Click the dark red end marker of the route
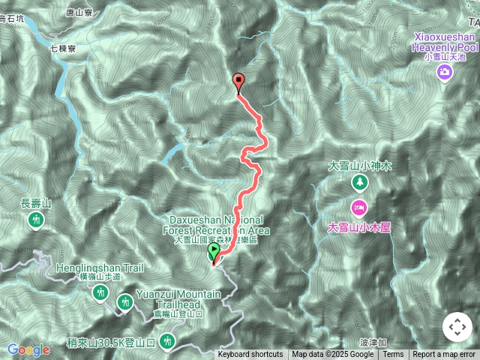click(239, 82)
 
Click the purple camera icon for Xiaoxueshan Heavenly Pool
click(445, 72)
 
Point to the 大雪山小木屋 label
click(360, 226)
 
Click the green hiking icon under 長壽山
click(36, 220)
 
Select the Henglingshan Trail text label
click(89, 268)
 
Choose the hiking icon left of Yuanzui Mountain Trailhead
click(125, 301)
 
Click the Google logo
click(28, 349)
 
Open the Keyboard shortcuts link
click(250, 355)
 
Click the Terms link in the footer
click(393, 355)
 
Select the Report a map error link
click(444, 355)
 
